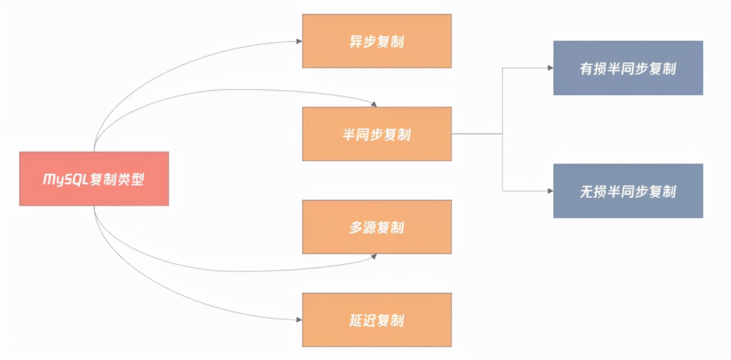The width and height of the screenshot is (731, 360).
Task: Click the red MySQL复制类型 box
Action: (94, 179)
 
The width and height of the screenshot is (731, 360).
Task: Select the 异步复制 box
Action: (377, 41)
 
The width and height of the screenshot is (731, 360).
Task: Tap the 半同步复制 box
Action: (377, 134)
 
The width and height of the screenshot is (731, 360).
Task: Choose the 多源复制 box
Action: (377, 227)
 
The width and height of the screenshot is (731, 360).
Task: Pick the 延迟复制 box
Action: (377, 319)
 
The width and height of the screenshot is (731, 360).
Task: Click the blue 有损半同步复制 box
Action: (628, 68)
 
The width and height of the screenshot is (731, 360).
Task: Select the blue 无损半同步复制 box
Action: (628, 191)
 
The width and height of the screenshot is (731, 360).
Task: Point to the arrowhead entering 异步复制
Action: (298, 41)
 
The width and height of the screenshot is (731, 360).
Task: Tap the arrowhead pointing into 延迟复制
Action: (298, 319)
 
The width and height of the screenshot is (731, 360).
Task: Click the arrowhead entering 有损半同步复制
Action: (550, 68)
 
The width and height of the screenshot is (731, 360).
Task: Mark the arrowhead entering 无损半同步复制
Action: (550, 191)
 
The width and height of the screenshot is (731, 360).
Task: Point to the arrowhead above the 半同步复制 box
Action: (373, 104)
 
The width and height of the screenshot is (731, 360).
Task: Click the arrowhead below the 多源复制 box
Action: (373, 256)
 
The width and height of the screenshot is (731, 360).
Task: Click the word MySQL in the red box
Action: (65, 179)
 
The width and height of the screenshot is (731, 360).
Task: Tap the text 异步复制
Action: (377, 41)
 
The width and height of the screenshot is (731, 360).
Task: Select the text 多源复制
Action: (377, 227)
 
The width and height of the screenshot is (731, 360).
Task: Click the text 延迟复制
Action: (377, 319)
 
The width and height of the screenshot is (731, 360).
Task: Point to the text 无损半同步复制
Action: (628, 191)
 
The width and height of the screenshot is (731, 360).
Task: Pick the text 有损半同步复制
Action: (628, 68)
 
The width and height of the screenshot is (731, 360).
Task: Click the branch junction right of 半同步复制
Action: (503, 134)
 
